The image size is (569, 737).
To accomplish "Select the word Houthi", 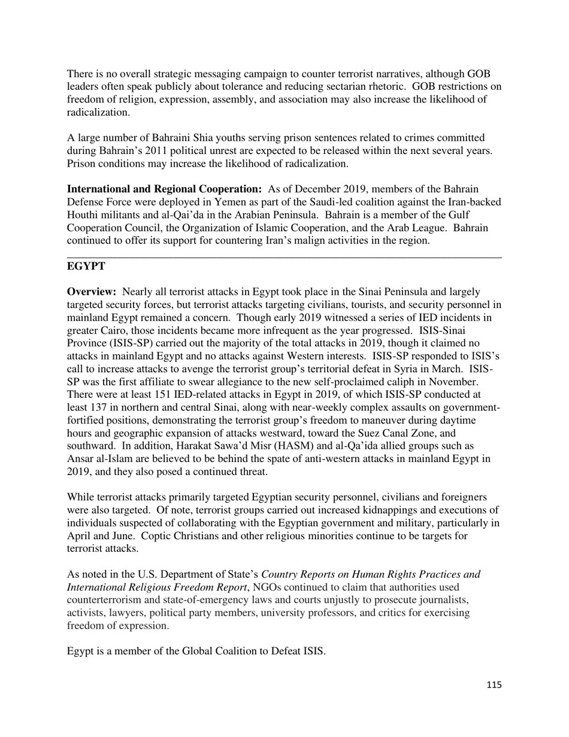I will point(84,215).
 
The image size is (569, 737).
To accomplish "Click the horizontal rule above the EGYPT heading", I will point(284,257).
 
